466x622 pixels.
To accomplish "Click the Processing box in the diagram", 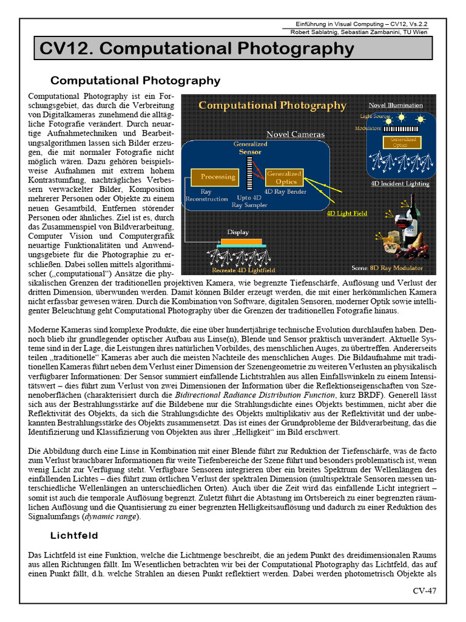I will click(x=218, y=177).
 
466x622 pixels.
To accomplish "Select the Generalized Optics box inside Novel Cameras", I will click(x=282, y=177).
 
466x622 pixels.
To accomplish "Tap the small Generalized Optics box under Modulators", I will click(x=400, y=142).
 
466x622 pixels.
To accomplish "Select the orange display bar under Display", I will click(x=238, y=242).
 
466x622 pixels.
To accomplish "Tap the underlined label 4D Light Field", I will click(x=347, y=214).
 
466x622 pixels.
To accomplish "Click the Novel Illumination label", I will click(x=396, y=105).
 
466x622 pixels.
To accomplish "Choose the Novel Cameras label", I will click(x=295, y=134).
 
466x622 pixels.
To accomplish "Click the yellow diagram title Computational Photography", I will click(x=272, y=106).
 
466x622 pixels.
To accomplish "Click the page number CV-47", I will click(x=424, y=590).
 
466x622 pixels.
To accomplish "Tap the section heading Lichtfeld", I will click(x=74, y=535).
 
